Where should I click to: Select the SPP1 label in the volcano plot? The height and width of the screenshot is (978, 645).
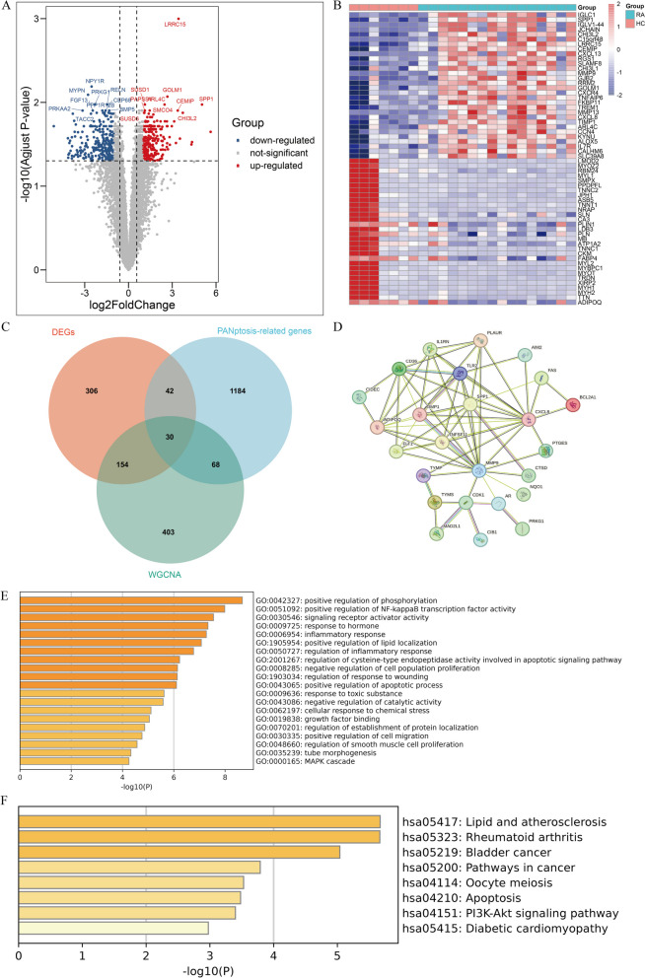206,100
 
